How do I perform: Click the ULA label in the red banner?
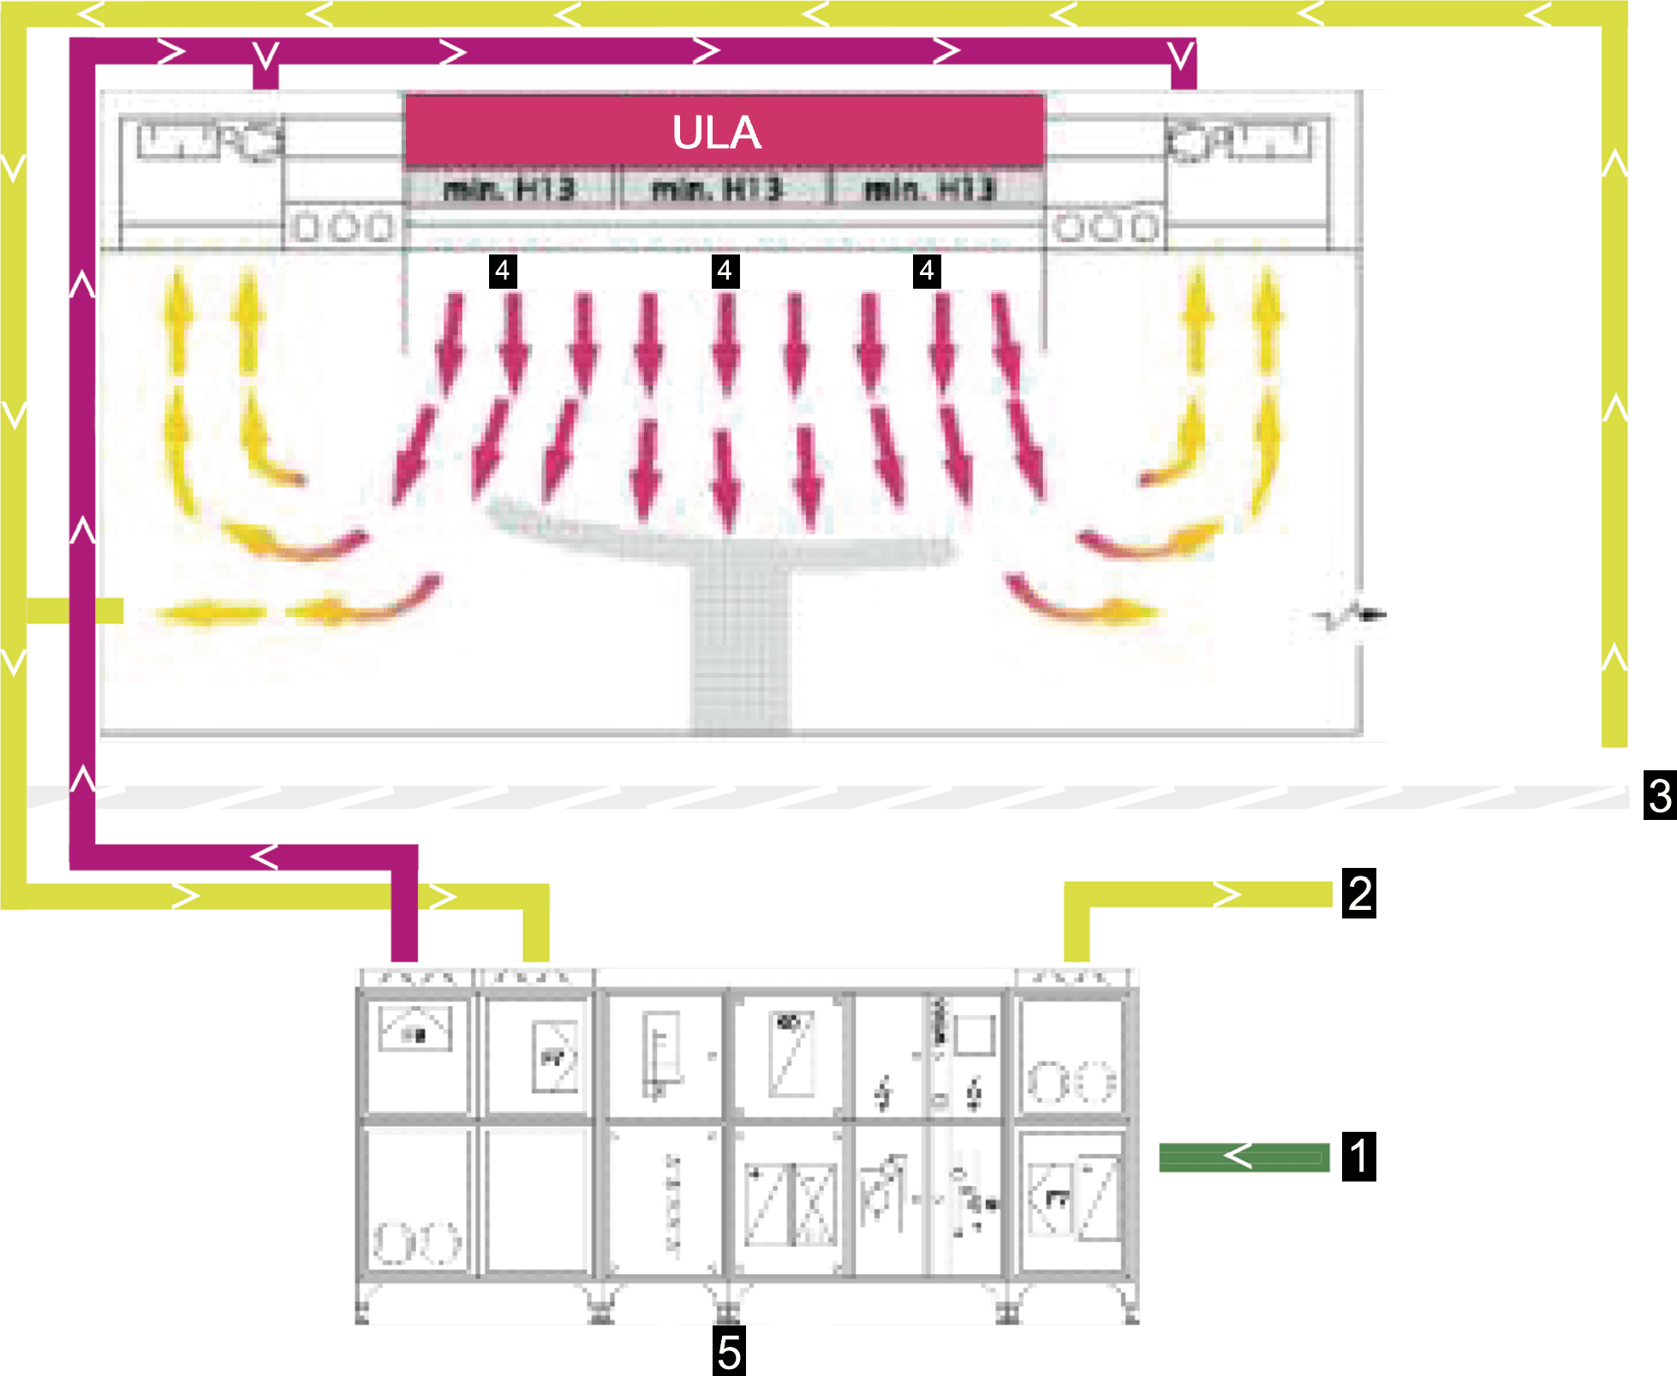(716, 133)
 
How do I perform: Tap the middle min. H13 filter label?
(718, 188)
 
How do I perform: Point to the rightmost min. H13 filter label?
(929, 188)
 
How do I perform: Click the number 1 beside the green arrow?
(1359, 1157)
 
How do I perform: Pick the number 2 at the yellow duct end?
(1360, 894)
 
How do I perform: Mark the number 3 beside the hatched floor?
(1659, 797)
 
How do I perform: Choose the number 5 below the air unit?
(729, 1354)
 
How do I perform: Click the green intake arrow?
(1244, 1157)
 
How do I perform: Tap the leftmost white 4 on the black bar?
(503, 271)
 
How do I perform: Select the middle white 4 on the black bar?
(725, 271)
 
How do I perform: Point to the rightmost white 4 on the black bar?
(927, 271)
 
